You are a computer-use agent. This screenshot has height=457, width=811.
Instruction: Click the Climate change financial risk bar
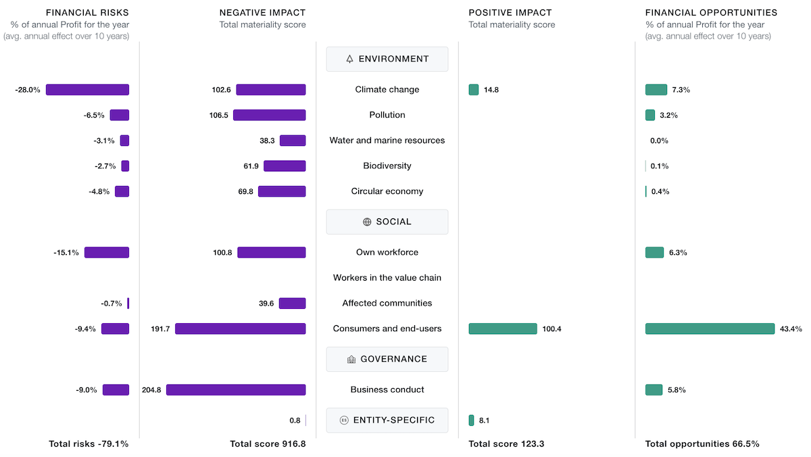click(87, 89)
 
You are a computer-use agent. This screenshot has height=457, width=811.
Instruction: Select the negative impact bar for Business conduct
click(236, 389)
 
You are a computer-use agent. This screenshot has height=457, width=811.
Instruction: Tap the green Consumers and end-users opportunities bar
click(710, 329)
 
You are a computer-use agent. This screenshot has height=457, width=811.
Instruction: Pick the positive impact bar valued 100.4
click(503, 329)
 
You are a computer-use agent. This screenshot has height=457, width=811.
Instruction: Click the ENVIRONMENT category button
click(387, 59)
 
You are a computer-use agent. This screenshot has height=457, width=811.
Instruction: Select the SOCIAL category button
click(387, 222)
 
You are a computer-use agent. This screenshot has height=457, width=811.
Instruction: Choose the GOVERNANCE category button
click(387, 359)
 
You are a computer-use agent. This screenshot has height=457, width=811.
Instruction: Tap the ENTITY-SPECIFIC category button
click(387, 420)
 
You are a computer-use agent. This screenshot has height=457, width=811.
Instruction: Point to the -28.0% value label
click(28, 89)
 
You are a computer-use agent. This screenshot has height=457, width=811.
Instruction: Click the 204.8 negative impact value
click(151, 389)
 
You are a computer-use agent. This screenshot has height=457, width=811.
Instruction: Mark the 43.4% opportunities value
click(791, 329)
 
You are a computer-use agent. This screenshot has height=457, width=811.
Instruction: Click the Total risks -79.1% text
click(89, 444)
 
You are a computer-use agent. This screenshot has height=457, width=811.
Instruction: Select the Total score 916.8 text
click(268, 444)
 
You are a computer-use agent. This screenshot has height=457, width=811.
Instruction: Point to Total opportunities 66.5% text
click(702, 444)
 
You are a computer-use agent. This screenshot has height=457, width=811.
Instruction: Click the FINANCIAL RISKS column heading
click(87, 12)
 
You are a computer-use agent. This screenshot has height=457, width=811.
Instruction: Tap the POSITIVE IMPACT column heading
click(510, 12)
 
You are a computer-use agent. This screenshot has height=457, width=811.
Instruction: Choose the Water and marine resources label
click(387, 141)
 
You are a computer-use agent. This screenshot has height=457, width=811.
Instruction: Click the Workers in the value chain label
click(387, 278)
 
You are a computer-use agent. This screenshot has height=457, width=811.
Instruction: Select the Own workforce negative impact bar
click(271, 252)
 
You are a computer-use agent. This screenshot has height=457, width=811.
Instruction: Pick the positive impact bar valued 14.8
click(474, 89)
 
